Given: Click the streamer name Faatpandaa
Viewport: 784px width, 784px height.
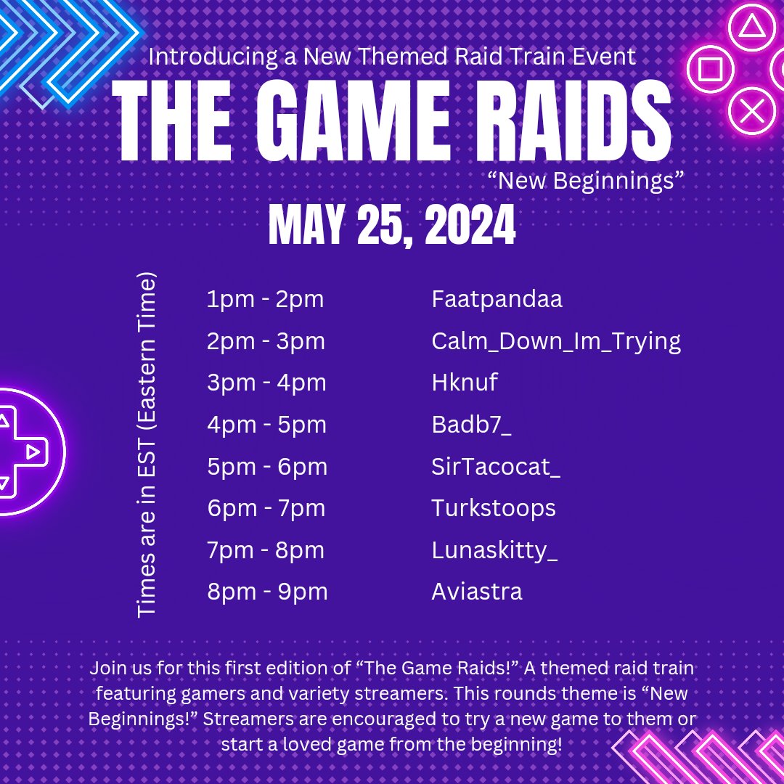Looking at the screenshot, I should point(497,299).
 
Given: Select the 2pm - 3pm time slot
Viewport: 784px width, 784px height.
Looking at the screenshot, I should point(266,341).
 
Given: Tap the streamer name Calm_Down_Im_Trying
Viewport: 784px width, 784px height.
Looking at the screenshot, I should point(556,341).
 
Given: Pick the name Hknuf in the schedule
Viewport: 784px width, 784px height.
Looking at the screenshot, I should point(465,383).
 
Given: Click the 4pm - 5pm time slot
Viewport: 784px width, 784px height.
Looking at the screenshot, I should point(266,425).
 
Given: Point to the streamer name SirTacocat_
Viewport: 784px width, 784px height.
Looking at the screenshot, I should point(496,467).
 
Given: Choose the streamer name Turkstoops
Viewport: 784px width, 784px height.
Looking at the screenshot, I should point(494,508).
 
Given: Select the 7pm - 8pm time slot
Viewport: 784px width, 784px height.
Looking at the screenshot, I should point(266,550).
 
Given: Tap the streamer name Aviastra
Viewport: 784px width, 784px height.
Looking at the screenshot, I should point(477,592).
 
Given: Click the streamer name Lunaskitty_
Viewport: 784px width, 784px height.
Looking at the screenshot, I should point(495,550).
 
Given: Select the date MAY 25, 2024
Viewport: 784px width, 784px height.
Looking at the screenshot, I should point(392,226).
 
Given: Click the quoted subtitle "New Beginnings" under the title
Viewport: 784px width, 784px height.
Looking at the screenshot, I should point(588,181).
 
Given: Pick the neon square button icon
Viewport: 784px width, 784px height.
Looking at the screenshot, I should point(710,70).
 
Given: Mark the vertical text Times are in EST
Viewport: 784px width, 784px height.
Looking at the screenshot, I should point(147,444).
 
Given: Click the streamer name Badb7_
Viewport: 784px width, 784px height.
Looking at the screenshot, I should point(471,425).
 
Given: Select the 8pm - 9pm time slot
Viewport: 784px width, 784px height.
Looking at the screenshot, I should point(267,592).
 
